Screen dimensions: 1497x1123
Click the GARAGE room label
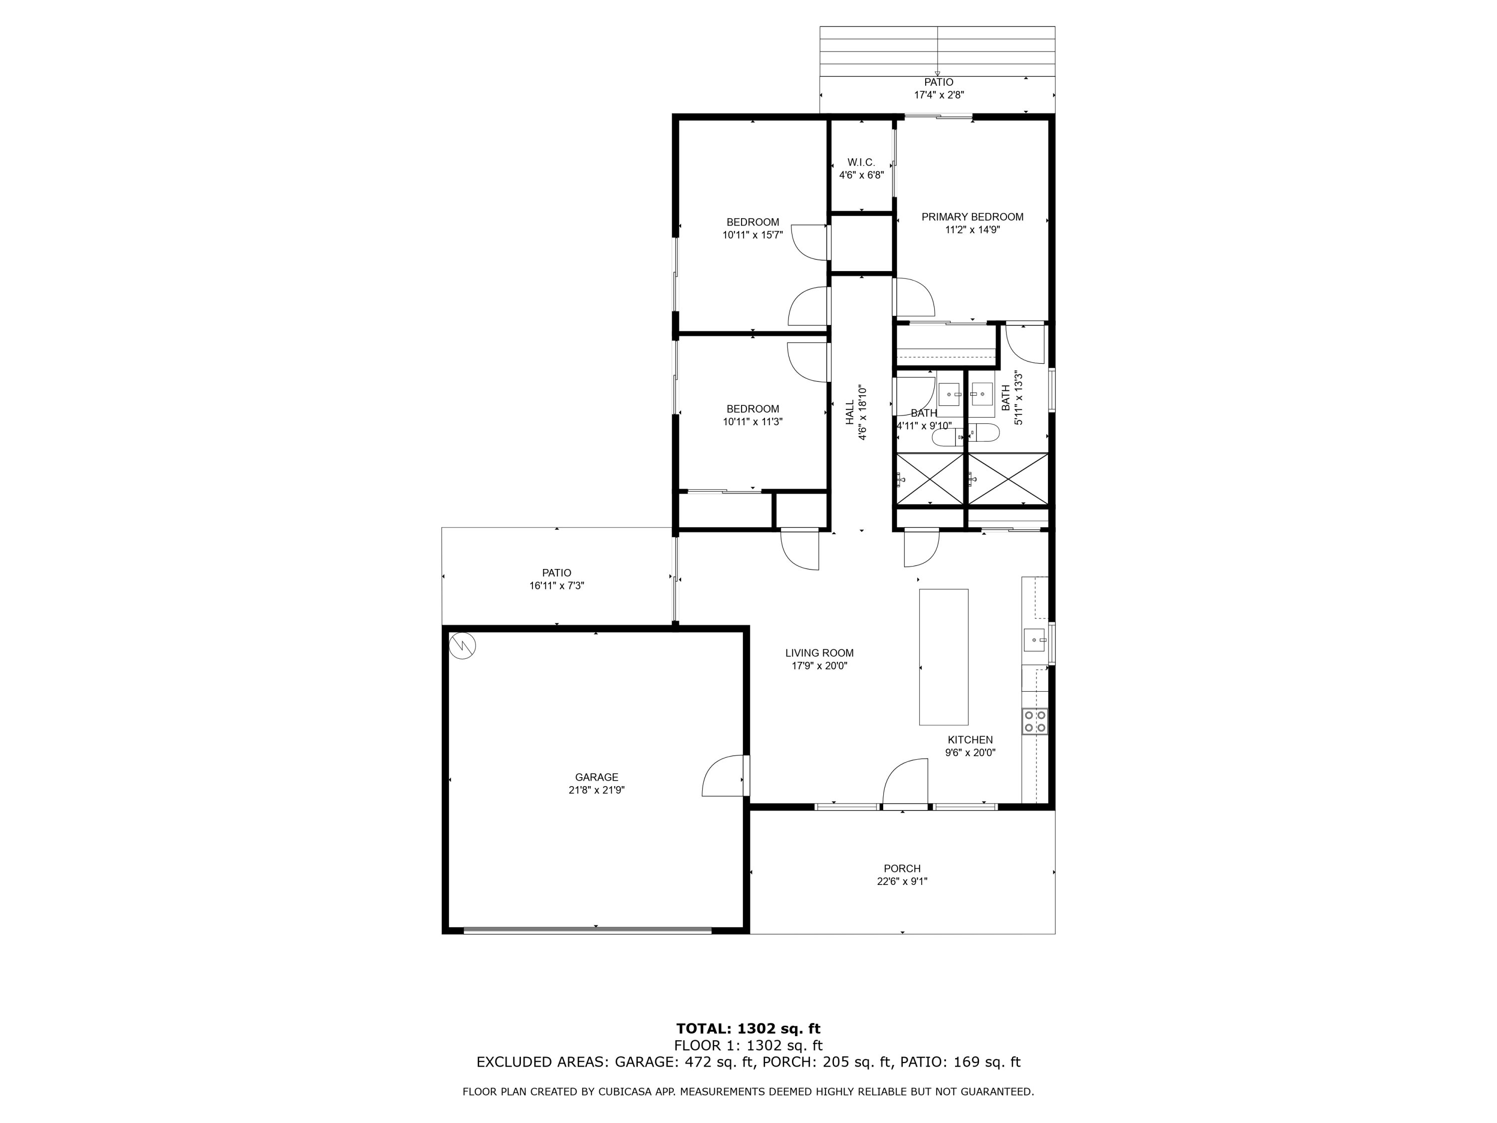pos(596,777)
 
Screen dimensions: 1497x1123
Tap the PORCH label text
pos(902,868)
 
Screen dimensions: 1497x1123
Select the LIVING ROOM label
pos(819,653)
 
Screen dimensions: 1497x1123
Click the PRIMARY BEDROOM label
pos(973,217)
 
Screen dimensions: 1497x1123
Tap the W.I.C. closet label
pos(861,162)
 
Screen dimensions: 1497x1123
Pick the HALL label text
pos(850,413)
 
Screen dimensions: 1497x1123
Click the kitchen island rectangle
pos(944,657)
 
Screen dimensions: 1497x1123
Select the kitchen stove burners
pos(1035,721)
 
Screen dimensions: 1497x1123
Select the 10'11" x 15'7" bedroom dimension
pos(752,235)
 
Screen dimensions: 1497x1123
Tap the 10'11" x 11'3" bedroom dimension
pos(752,422)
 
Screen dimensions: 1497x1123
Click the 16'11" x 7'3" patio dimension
pos(556,585)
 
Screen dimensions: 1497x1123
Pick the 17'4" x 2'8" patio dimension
pos(939,95)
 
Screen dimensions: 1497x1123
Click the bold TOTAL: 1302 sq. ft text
pos(748,1029)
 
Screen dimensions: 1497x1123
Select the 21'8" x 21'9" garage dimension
pos(596,790)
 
